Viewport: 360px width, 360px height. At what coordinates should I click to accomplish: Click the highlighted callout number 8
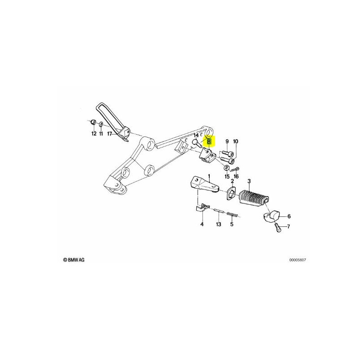click(209, 141)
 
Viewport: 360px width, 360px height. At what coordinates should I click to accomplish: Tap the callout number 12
click(94, 133)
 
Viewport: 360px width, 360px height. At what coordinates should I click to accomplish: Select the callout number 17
click(109, 133)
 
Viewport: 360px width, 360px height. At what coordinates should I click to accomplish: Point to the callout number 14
click(196, 135)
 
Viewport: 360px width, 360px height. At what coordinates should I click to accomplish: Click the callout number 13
click(219, 224)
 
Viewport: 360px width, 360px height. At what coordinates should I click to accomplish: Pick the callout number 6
click(289, 216)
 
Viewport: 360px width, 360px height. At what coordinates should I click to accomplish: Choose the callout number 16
click(236, 176)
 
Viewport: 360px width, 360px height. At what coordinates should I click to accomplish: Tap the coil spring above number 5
click(233, 215)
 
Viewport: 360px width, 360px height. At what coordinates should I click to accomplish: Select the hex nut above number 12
click(93, 122)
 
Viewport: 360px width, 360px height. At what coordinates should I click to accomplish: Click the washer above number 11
click(101, 124)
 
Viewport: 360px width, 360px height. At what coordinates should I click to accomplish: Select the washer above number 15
click(227, 167)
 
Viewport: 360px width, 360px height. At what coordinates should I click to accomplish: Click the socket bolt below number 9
click(227, 153)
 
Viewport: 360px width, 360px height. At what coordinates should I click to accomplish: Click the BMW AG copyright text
click(74, 260)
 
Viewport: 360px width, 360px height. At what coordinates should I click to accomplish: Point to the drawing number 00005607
click(297, 260)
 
